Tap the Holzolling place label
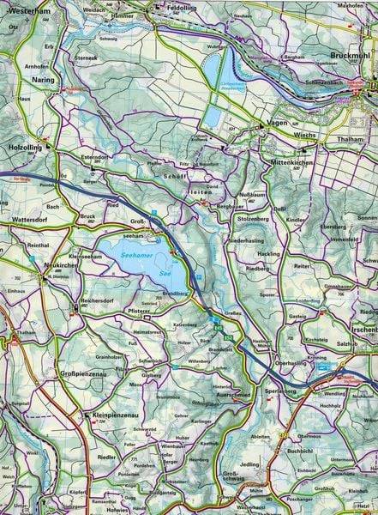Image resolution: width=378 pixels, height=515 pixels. click(21, 146)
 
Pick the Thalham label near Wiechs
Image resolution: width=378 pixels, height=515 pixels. click(353, 139)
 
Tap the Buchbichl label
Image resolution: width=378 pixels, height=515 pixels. click(303, 451)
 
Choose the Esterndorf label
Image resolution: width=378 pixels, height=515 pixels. click(98, 158)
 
